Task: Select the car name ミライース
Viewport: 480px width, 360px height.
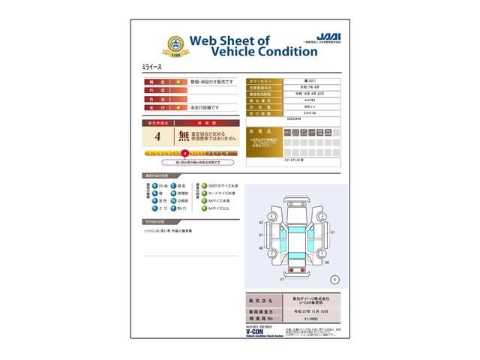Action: pyautogui.click(x=151, y=67)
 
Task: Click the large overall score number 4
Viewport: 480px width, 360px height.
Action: pyautogui.click(x=157, y=136)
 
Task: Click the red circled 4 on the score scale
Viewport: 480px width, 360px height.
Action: pyautogui.click(x=184, y=152)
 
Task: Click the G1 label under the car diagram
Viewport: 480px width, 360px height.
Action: pyautogui.click(x=281, y=278)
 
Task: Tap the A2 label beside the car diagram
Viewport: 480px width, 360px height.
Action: pyautogui.click(x=260, y=223)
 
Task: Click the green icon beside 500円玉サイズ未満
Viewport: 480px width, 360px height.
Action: pyautogui.click(x=204, y=185)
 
